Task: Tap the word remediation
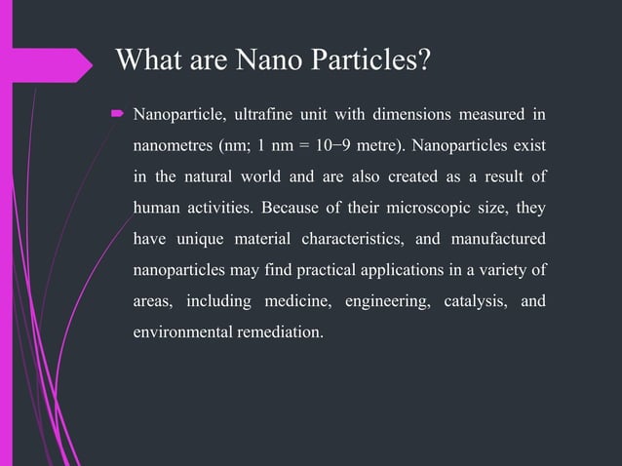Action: [x=277, y=330]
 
